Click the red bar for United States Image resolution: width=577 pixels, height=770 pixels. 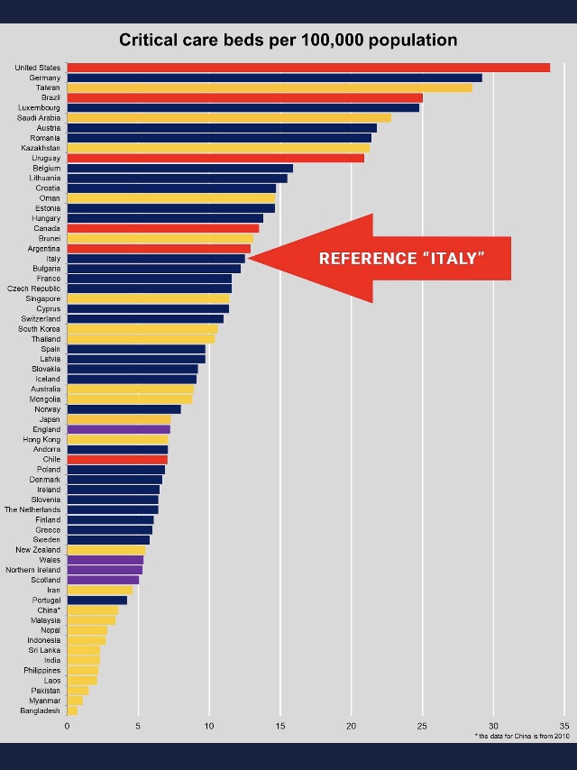[307, 68]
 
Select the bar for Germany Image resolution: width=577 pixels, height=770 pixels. [274, 78]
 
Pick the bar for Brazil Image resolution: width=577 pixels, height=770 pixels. [243, 97]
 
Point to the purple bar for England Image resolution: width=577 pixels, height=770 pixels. [118, 429]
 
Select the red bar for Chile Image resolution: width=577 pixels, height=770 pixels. [116, 459]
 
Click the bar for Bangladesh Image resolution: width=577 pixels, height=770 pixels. [72, 710]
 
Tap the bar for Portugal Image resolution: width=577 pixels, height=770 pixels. [96, 600]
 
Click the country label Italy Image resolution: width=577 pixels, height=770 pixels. [53, 259]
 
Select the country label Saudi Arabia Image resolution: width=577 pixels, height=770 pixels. [39, 118]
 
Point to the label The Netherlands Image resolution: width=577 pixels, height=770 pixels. [32, 509]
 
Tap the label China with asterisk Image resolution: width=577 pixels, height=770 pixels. [49, 610]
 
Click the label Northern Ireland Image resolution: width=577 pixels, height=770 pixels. [33, 570]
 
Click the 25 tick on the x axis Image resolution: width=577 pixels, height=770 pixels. [422, 725]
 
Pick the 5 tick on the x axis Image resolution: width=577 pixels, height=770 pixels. [138, 725]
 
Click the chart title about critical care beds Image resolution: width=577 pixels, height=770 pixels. [288, 41]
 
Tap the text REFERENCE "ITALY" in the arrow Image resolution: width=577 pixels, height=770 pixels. [402, 259]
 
